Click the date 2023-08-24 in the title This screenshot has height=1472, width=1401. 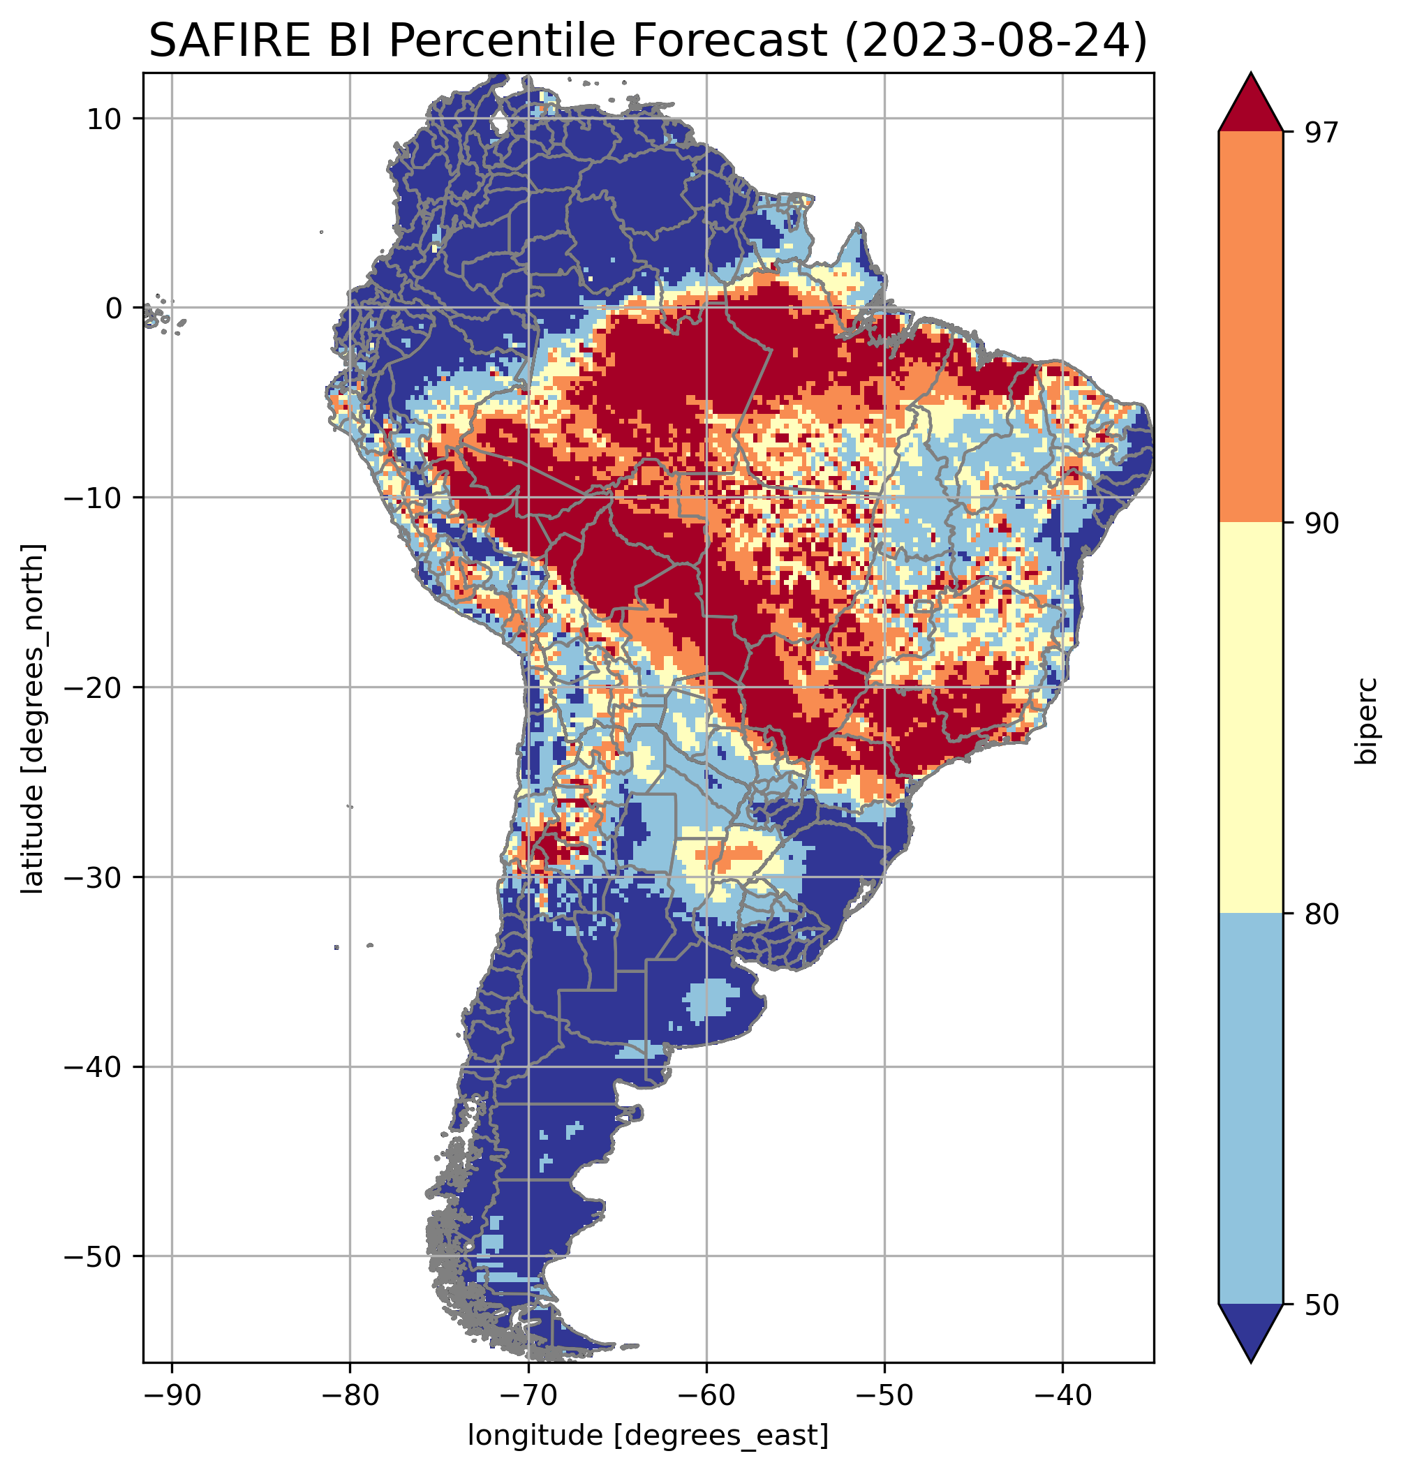point(995,40)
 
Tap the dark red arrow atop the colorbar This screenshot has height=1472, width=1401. point(1250,105)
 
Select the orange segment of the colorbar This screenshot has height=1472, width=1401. point(1250,327)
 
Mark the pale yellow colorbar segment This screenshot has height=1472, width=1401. point(1250,718)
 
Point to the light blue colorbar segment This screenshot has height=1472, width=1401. point(1250,1110)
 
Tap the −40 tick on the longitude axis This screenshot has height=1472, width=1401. point(1062,1395)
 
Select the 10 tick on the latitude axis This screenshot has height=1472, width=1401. point(105,119)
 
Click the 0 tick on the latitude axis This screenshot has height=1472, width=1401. point(114,308)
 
